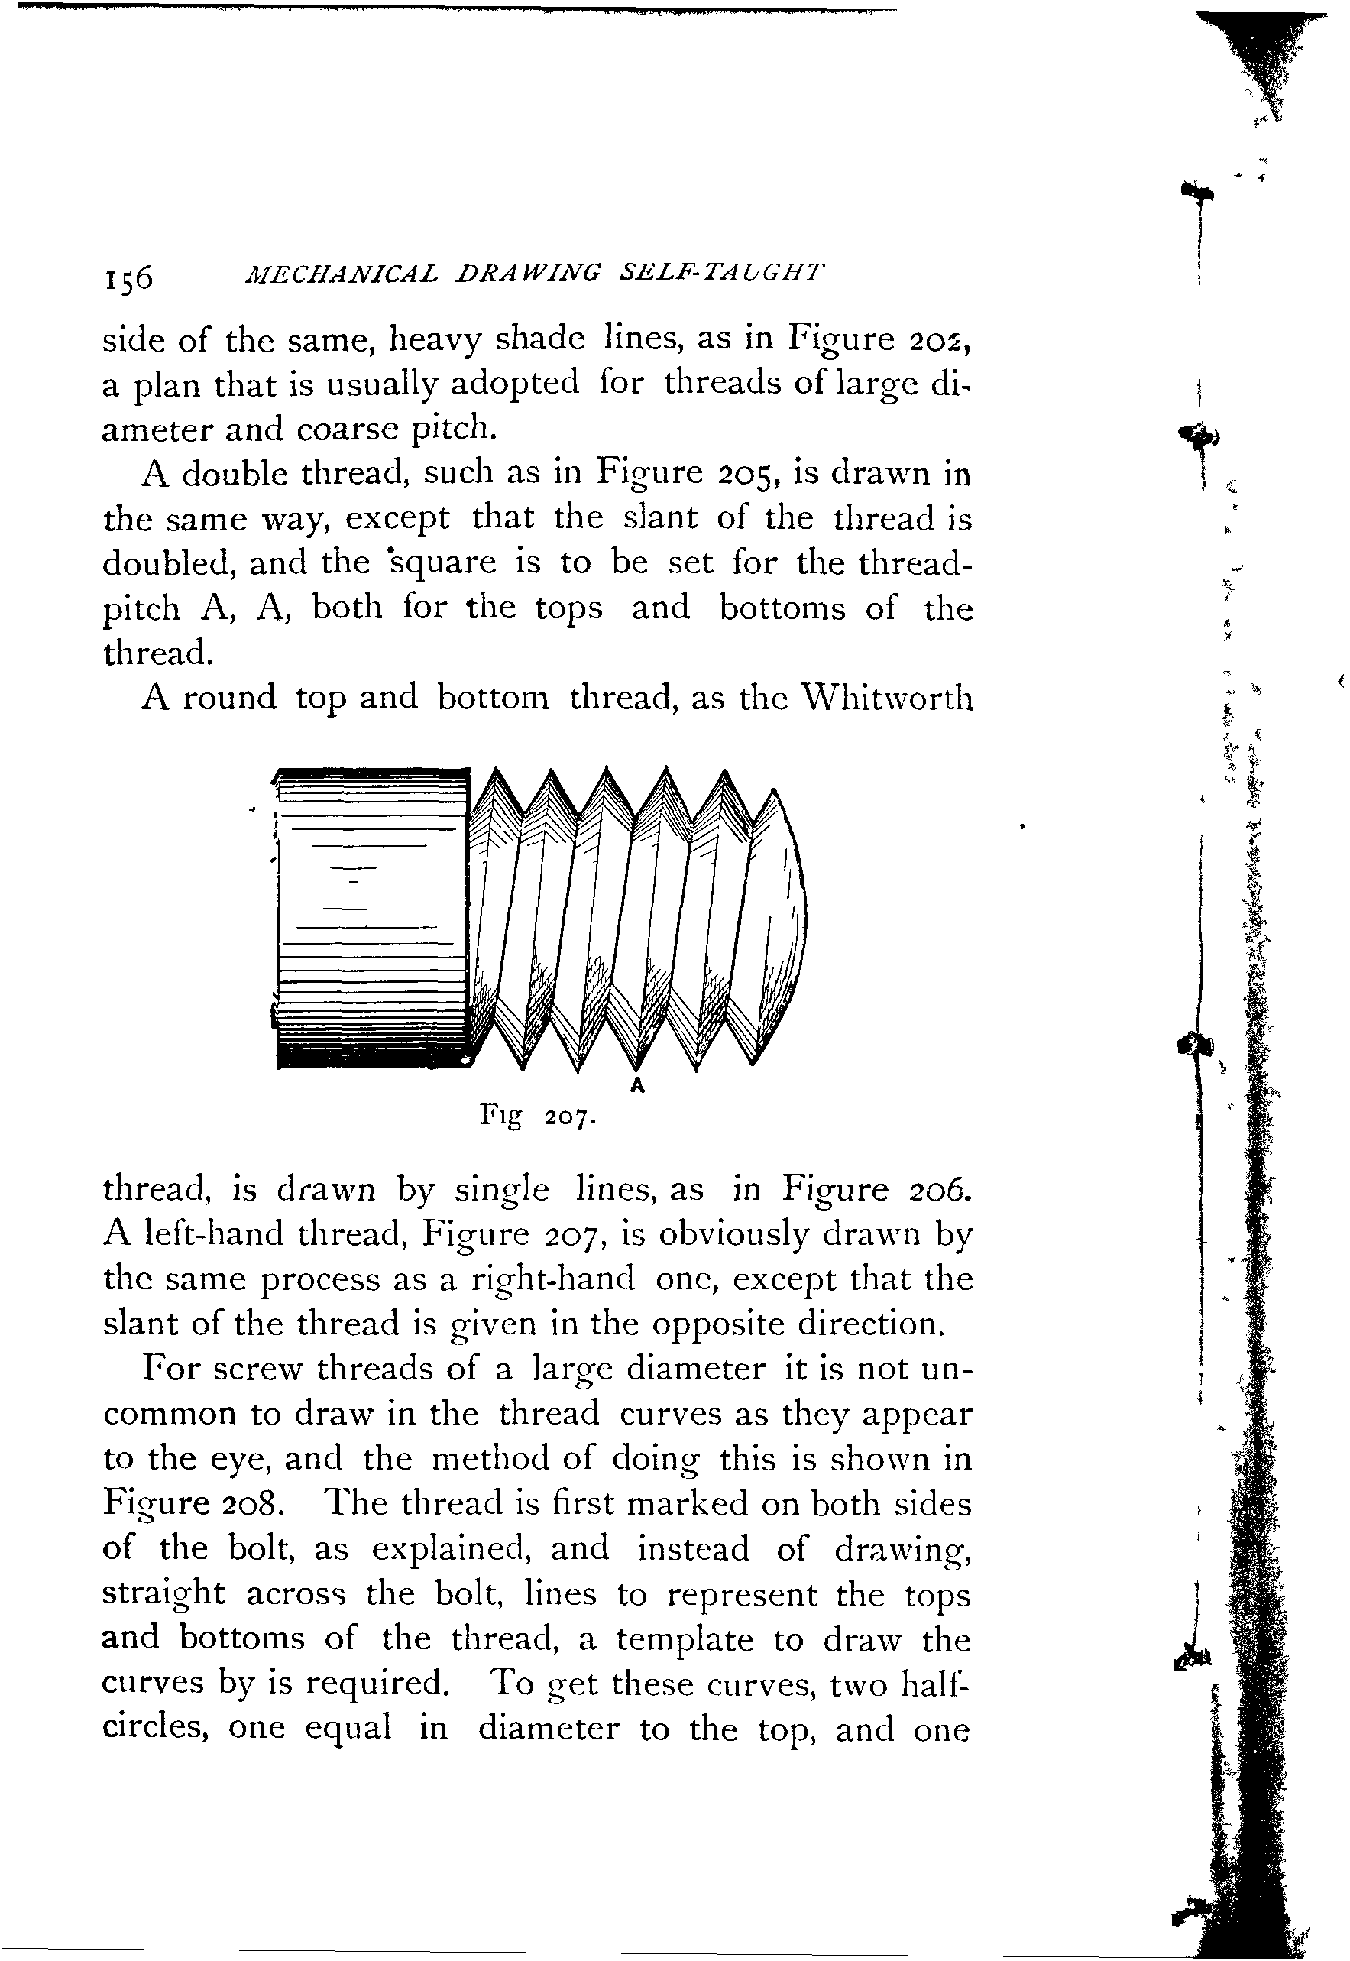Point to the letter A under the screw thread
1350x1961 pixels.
click(638, 1085)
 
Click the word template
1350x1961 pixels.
click(684, 1638)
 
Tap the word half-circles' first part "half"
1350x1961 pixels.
click(932, 1684)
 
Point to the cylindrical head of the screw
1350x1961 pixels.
click(372, 918)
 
